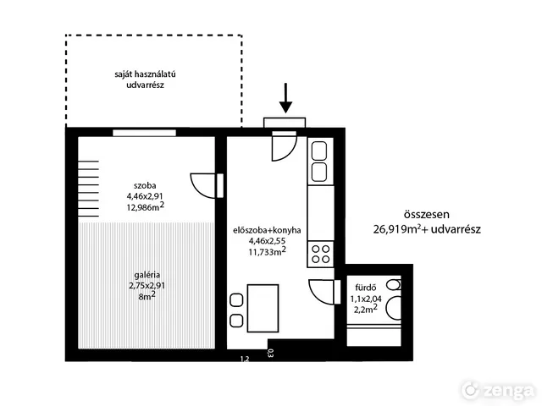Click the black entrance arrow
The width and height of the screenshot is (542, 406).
pyautogui.click(x=285, y=98)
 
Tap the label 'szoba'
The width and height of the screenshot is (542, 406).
pyautogui.click(x=145, y=186)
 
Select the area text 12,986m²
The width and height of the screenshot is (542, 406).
pyautogui.click(x=145, y=207)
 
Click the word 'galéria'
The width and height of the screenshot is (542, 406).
pyautogui.click(x=147, y=275)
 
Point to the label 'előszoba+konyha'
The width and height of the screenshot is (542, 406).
pyautogui.click(x=267, y=230)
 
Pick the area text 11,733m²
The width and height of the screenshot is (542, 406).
pyautogui.click(x=267, y=251)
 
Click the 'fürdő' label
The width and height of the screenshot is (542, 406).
pyautogui.click(x=366, y=288)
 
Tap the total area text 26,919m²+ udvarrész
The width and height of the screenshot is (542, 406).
pyautogui.click(x=427, y=229)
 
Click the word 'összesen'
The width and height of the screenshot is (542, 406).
pyautogui.click(x=427, y=214)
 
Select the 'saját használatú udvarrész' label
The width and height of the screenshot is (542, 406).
pyautogui.click(x=145, y=80)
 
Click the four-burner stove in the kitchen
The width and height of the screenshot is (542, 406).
pyautogui.click(x=320, y=254)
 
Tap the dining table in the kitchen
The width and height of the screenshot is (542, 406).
pyautogui.click(x=263, y=308)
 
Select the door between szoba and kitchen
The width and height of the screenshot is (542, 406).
pyautogui.click(x=207, y=186)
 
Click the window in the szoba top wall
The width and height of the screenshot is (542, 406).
pyautogui.click(x=145, y=133)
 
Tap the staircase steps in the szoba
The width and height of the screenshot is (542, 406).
pyautogui.click(x=88, y=189)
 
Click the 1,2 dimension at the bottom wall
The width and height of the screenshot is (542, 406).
pyautogui.click(x=245, y=359)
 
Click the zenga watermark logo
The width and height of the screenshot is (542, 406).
pyautogui.click(x=498, y=390)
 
